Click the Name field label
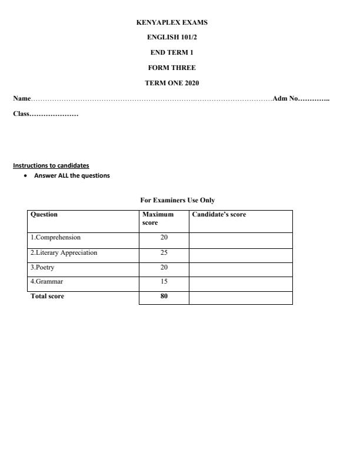[22, 98]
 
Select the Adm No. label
[286, 98]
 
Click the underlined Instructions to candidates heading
[51, 165]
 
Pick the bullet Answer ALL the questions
[72, 175]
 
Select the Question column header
[44, 215]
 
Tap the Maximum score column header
[158, 219]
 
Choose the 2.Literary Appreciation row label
[64, 252]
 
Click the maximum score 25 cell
[164, 252]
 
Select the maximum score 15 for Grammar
[164, 282]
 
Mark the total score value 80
[164, 297]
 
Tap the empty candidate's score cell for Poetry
[241, 268]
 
